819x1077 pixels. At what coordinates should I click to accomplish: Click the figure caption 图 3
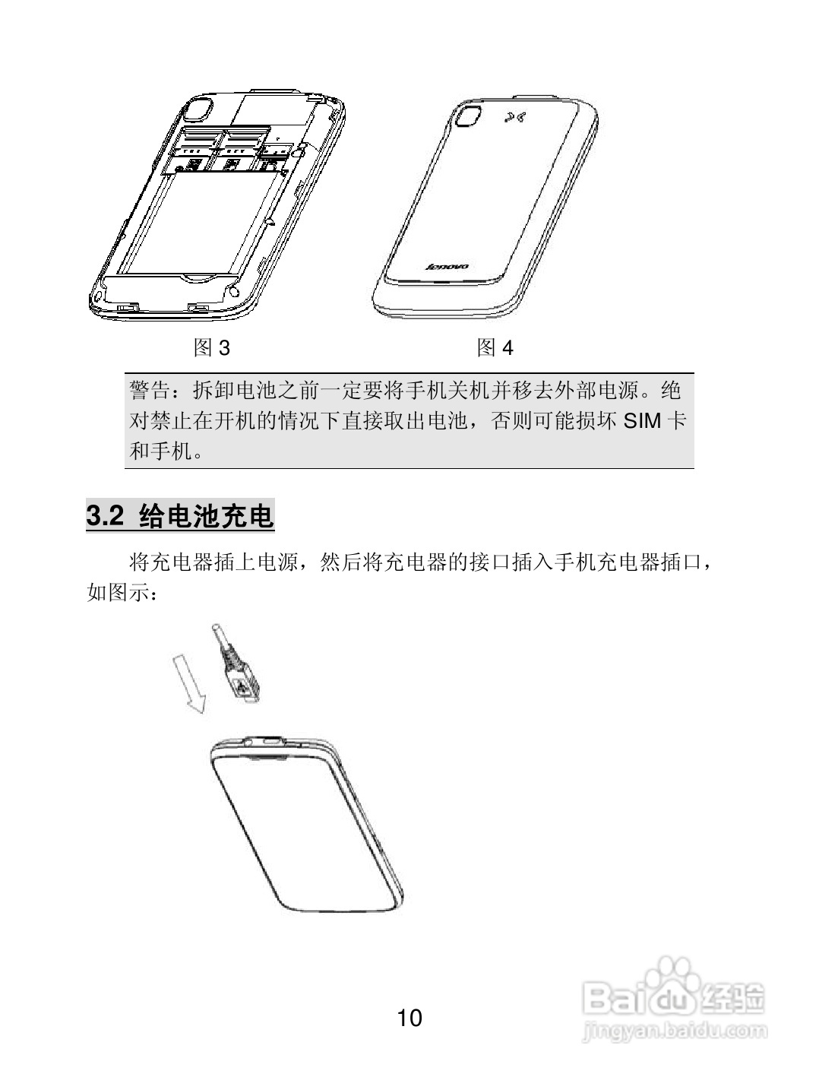point(211,348)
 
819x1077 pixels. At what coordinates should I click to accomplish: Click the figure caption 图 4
point(495,348)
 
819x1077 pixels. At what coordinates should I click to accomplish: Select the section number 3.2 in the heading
point(106,517)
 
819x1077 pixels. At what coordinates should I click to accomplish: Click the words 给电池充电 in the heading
point(207,517)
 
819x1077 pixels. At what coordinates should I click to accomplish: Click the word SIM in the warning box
point(643,421)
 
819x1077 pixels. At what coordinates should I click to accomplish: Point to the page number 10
point(409,1018)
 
